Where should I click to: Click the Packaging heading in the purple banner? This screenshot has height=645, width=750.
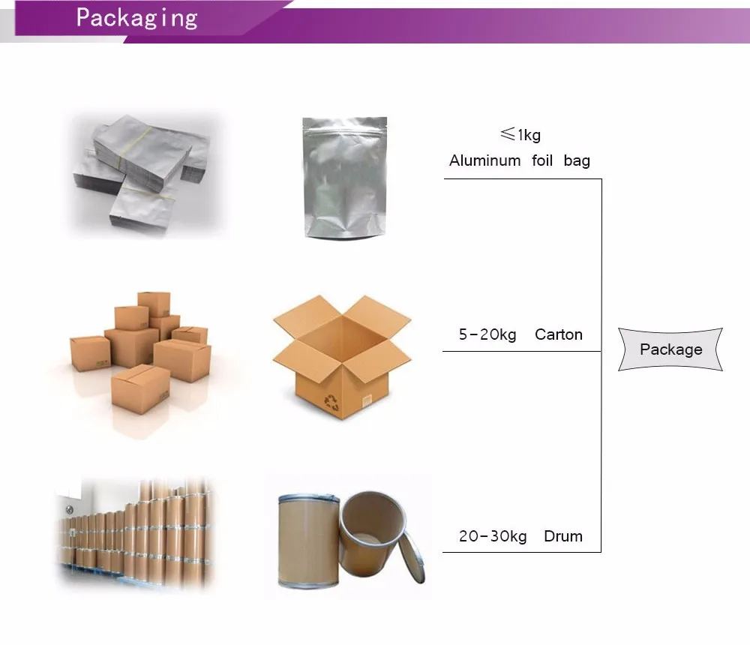coord(136,18)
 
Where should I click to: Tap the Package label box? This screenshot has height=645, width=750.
coord(670,349)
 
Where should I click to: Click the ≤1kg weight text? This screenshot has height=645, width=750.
coord(520,135)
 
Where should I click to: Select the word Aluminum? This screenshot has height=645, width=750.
coord(484,160)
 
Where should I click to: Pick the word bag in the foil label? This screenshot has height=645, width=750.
coord(577,160)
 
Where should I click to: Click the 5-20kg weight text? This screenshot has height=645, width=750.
coord(487,334)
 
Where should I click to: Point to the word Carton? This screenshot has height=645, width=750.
coord(558,334)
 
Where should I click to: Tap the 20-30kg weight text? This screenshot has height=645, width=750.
coord(493,536)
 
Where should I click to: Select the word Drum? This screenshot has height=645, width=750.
coord(563,536)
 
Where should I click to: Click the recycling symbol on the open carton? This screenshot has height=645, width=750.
coord(331,403)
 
